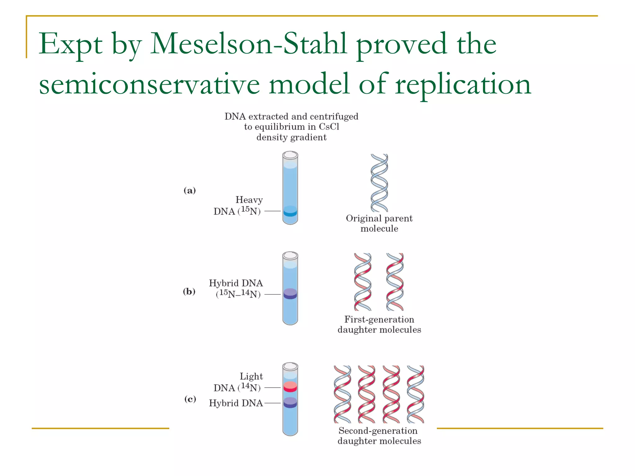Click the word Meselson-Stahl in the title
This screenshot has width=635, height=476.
[248, 44]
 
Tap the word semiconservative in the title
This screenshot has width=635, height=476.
[149, 84]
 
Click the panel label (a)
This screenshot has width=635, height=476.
[190, 190]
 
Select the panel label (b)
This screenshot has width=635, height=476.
[189, 291]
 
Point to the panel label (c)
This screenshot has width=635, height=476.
[190, 399]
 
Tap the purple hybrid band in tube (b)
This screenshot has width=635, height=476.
[290, 294]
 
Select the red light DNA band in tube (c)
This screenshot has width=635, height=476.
[290, 387]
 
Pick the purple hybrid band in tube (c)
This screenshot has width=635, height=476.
[290, 403]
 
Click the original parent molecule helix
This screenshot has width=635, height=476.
[379, 183]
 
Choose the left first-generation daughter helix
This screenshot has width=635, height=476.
[362, 282]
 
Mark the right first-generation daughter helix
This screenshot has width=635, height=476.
[395, 282]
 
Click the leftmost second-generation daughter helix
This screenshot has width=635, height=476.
[342, 394]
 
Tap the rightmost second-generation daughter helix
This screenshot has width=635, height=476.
[415, 394]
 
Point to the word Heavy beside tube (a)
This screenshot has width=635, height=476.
[249, 200]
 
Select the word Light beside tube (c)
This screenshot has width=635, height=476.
[251, 377]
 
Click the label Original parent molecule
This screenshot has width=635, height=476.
[379, 223]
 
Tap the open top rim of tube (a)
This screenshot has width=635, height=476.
[290, 155]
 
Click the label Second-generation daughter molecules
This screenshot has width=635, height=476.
[379, 436]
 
